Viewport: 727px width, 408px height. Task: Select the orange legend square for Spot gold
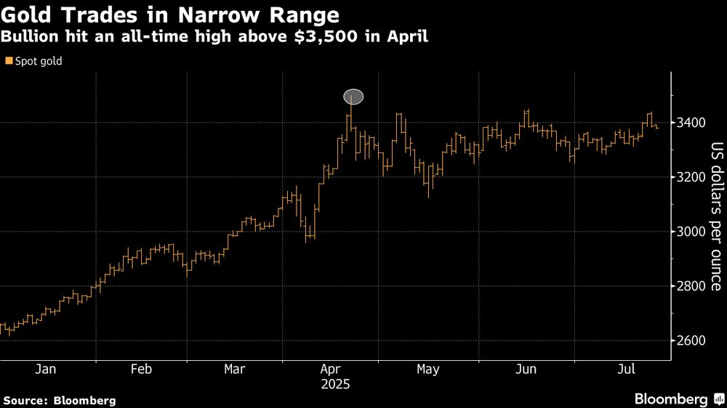pos(8,62)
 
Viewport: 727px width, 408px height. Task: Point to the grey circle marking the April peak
pos(353,97)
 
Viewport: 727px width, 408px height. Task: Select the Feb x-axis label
pos(140,370)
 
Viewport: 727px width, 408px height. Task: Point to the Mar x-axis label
pos(234,370)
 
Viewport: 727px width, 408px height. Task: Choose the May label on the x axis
pos(427,370)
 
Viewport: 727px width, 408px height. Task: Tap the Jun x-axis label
pos(525,370)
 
